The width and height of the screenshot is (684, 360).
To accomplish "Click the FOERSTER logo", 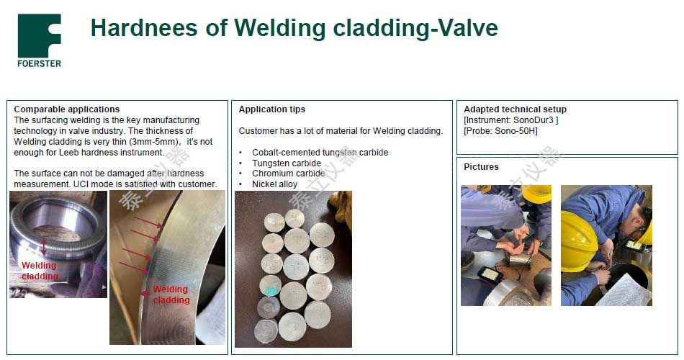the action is click(40, 40).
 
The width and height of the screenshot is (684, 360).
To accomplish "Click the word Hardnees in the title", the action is click(144, 28).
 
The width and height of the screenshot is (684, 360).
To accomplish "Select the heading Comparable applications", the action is click(67, 109).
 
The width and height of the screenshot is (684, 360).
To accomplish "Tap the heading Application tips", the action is click(271, 109).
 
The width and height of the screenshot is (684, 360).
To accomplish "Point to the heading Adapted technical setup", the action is click(516, 109).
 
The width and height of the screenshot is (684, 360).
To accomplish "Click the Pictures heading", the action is click(481, 167).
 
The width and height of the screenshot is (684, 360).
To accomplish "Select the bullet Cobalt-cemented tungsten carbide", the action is click(320, 153).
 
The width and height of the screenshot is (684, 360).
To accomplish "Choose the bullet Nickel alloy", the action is click(274, 184).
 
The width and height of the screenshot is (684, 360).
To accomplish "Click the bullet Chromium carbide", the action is click(288, 174).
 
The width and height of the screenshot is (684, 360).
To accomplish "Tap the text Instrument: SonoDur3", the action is click(510, 120).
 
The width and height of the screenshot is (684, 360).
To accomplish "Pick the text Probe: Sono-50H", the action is click(501, 131).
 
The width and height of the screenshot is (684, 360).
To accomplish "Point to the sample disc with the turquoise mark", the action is click(271, 286).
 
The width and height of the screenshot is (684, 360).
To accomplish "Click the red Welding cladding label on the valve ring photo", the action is click(40, 271).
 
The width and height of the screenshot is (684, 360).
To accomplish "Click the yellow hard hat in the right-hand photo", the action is click(578, 241).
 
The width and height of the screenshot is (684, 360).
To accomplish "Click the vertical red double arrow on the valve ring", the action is click(44, 247).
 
